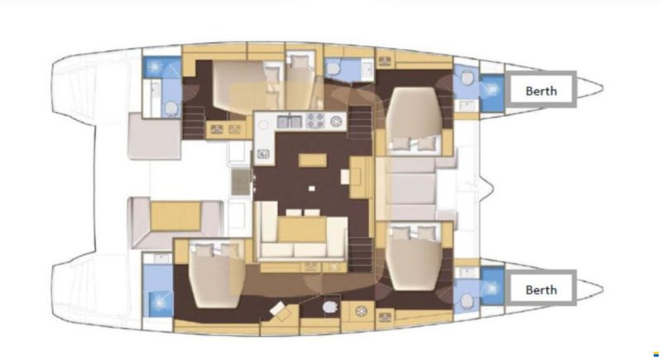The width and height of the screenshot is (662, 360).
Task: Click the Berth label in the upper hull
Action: tap(541, 91)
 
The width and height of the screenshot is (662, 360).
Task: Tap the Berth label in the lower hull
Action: tap(541, 290)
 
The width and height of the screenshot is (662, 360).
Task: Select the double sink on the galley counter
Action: tap(289, 122)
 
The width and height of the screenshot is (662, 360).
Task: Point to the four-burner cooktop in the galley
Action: tap(315, 120)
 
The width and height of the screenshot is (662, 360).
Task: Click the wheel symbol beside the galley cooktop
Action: tap(336, 122)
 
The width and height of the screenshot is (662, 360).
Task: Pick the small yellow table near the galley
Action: tap(313, 161)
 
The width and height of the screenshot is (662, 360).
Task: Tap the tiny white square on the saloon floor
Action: tap(312, 189)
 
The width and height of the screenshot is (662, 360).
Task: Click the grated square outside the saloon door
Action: tap(241, 182)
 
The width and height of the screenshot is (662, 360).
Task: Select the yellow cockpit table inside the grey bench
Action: tap(175, 216)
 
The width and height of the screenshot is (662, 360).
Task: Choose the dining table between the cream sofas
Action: tap(302, 229)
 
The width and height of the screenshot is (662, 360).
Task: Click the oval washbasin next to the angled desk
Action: tap(329, 307)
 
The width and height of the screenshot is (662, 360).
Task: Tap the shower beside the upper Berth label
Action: tap(492, 89)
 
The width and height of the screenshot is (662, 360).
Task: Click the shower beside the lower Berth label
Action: tap(492, 288)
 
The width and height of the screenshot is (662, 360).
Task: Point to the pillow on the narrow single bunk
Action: tap(300, 62)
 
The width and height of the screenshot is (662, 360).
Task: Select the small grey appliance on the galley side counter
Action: tap(263, 154)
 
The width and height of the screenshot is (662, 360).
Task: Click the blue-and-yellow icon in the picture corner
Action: tap(655, 353)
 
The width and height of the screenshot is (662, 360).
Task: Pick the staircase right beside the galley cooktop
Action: tap(360, 122)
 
